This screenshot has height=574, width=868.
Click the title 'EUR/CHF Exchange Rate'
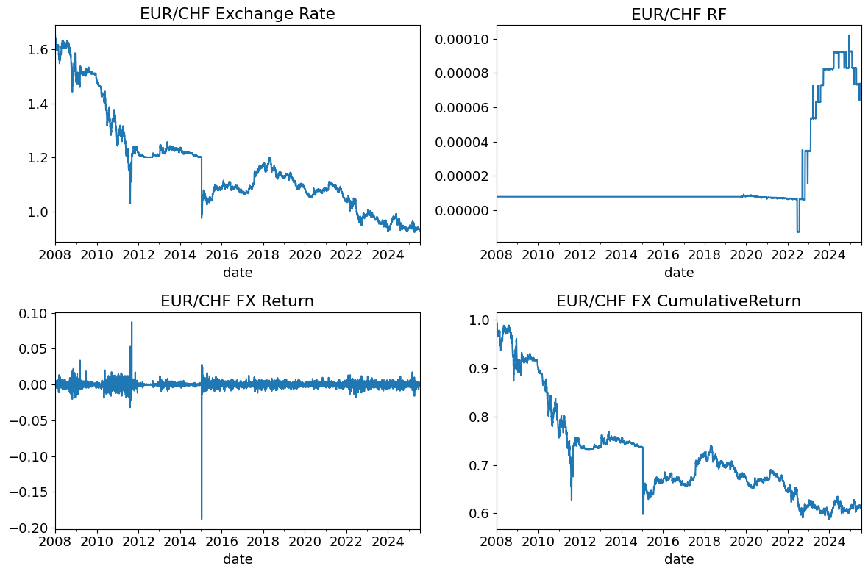coord(237,14)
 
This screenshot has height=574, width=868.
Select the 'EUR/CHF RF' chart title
coord(678,14)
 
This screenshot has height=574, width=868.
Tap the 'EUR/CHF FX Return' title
coord(237,301)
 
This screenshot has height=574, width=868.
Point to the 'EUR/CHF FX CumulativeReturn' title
coord(678,301)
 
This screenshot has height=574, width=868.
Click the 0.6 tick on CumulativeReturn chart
coord(480,514)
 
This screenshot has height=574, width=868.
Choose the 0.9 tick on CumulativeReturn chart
coord(480,368)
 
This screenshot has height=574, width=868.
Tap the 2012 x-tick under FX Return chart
coord(138,543)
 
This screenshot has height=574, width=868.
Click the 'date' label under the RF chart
coord(678,273)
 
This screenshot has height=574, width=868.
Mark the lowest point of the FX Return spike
coord(202,519)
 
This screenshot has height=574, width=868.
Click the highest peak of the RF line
coord(849,35)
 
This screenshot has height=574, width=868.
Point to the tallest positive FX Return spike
coord(132,322)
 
